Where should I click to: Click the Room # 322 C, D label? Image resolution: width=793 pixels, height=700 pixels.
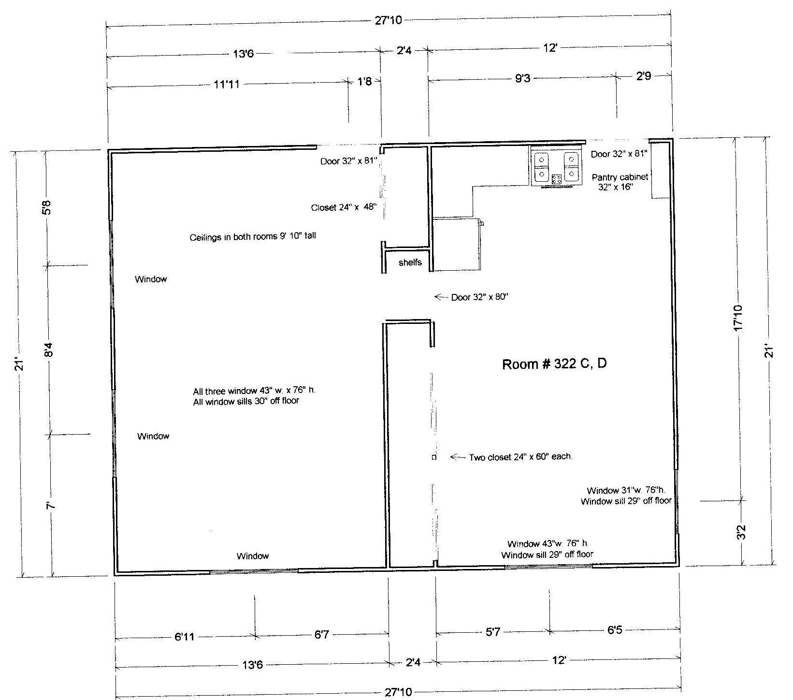point(554,364)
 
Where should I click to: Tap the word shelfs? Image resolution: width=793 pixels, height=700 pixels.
point(410,262)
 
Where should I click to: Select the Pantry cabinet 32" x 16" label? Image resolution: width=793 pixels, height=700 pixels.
point(620,182)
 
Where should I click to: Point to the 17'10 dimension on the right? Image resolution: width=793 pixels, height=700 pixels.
point(738,319)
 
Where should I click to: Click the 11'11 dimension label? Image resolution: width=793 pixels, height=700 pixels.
point(227,85)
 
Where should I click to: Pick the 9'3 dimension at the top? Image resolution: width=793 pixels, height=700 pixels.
point(523,78)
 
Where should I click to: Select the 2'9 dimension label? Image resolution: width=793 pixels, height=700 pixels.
point(644,76)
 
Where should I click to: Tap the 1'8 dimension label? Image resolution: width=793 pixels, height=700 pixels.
point(365,81)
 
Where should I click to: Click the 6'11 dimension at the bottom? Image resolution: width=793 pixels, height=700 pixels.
point(184,637)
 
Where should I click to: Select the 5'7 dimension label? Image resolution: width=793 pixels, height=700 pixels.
point(493,631)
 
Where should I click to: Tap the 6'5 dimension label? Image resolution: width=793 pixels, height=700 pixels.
point(615,630)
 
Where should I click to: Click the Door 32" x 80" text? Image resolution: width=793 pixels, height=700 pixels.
point(480,297)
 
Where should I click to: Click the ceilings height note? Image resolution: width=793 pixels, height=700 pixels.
point(253,237)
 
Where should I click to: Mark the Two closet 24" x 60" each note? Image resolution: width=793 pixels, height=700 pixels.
point(521,457)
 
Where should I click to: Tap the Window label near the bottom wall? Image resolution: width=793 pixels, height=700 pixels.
point(253,556)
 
